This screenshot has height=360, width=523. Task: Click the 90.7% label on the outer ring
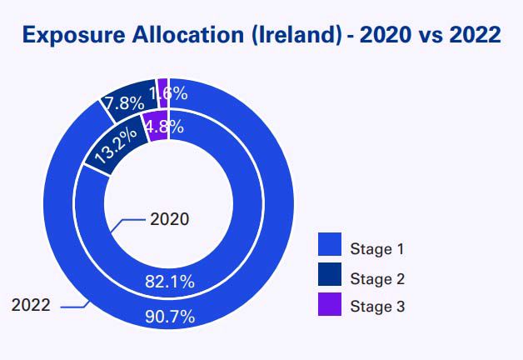(x=169, y=316)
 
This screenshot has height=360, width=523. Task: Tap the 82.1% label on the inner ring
(x=169, y=282)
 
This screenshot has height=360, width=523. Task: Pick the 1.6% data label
(x=169, y=93)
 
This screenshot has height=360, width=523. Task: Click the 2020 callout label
(x=169, y=219)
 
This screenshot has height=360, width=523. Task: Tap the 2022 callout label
(x=31, y=304)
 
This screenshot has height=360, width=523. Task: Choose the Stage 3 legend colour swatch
(x=330, y=305)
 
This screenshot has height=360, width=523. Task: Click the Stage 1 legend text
(x=377, y=247)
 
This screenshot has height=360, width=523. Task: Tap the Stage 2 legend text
(x=377, y=277)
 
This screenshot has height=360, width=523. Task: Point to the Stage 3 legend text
(x=377, y=307)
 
